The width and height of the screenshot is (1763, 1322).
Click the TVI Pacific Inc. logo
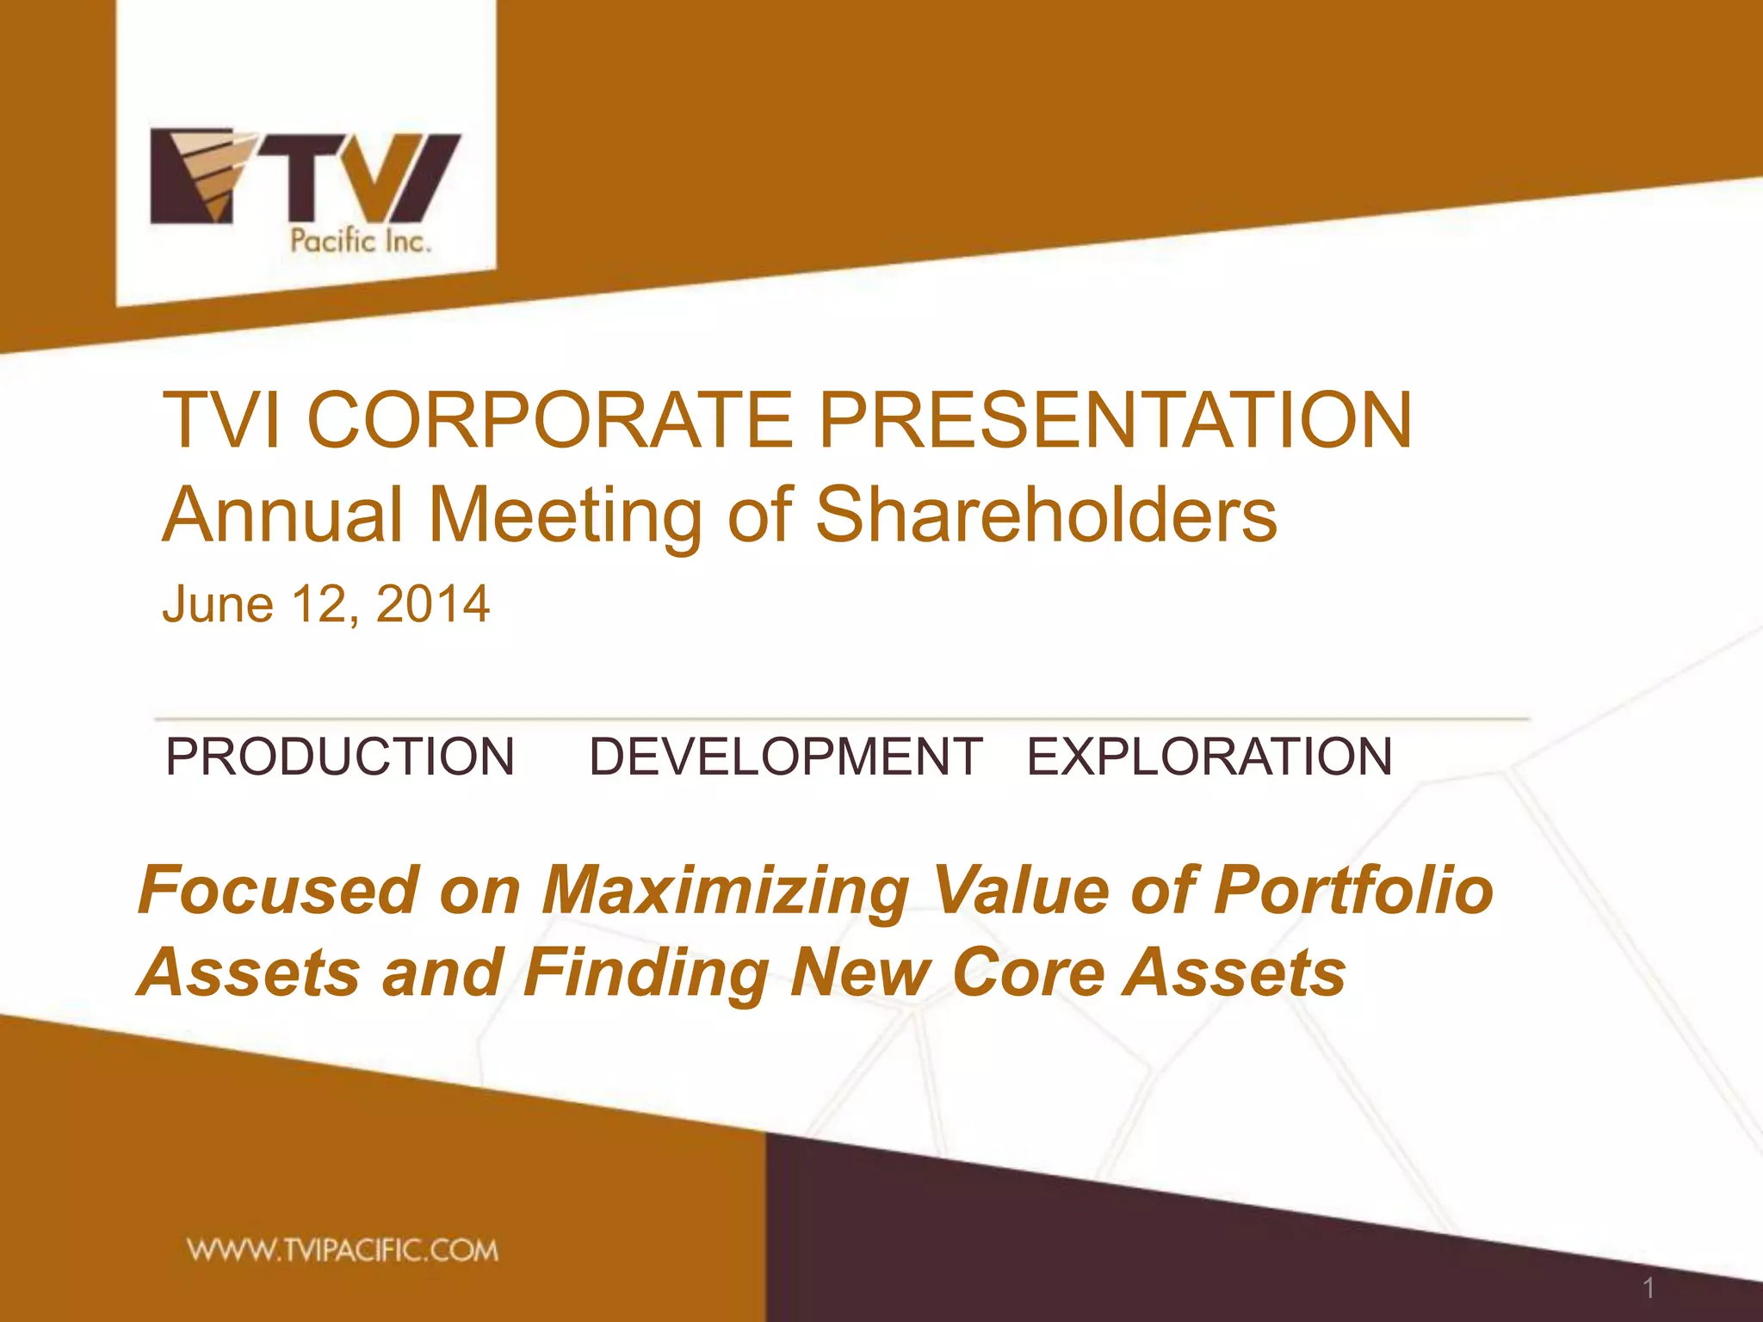(306, 189)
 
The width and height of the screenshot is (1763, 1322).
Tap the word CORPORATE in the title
(549, 420)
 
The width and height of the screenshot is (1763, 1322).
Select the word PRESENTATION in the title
(1115, 420)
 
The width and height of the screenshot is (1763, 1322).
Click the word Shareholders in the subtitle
(1046, 515)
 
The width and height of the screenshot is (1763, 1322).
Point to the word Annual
(282, 515)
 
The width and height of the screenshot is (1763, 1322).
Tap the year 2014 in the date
(433, 604)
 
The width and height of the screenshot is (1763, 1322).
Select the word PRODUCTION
(340, 757)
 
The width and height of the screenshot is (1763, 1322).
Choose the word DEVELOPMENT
(785, 757)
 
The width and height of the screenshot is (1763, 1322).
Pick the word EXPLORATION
(1209, 757)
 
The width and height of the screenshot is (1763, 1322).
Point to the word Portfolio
(1353, 890)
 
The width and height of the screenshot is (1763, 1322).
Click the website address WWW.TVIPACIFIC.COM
(343, 1251)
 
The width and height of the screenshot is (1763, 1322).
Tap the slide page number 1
(1649, 1288)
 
